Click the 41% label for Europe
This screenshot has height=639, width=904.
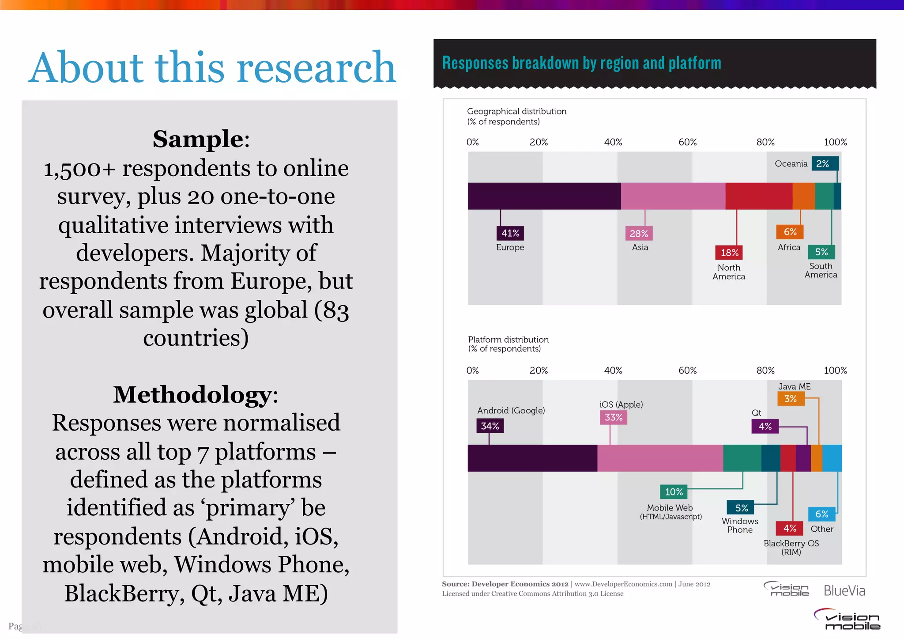[510, 233]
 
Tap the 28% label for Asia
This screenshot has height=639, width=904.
[639, 234]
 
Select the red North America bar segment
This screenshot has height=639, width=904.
[758, 196]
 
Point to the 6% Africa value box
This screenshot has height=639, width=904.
[790, 232]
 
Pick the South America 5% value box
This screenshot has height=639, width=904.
[821, 252]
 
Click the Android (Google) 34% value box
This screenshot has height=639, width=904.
[490, 426]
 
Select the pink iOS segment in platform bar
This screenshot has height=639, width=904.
[660, 458]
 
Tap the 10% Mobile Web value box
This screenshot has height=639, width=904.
[674, 492]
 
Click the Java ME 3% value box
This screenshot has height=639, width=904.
[791, 399]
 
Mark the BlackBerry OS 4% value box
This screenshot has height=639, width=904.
[789, 528]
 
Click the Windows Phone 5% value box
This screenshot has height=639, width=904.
[741, 508]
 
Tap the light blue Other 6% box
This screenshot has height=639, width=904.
[821, 514]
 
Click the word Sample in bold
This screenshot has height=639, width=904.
[198, 140]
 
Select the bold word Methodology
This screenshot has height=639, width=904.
[192, 395]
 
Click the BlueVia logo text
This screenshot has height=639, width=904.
[844, 591]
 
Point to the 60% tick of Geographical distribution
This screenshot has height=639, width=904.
[687, 142]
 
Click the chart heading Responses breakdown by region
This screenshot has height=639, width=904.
[581, 63]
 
